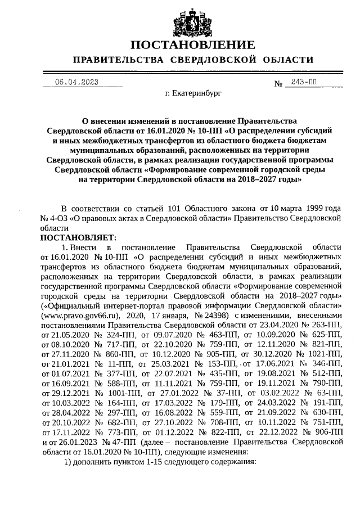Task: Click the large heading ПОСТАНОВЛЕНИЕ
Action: coord(192,45)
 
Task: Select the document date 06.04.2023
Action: coord(76,82)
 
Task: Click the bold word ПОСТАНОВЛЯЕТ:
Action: coord(78,238)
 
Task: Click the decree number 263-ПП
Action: coord(325,325)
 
